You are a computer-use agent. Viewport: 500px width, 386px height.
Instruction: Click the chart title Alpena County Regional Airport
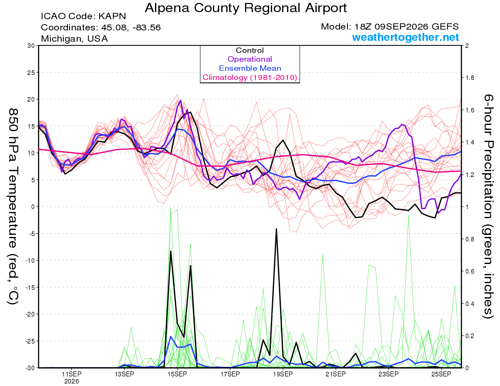coord(245,8)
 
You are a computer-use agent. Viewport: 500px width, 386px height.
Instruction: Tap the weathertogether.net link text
coord(405,37)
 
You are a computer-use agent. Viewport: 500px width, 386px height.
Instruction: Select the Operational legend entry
coord(250,59)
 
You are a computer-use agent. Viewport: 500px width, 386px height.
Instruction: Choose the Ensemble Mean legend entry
coord(250,68)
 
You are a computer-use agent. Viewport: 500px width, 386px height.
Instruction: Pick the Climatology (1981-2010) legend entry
coord(250,77)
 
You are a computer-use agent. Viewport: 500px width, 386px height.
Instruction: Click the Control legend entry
coord(250,50)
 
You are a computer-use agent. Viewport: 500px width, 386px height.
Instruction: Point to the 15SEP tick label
coord(177,374)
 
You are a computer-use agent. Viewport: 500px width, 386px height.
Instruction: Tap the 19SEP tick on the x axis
coord(283,374)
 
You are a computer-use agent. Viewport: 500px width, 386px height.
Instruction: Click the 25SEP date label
coord(441,374)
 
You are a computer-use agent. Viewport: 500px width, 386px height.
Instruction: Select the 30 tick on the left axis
coord(31,46)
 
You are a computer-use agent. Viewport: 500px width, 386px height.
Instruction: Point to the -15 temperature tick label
coord(30,287)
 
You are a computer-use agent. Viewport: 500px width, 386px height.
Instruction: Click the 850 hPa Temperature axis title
coord(13,207)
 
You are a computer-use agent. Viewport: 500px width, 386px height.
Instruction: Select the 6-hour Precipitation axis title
coord(488,206)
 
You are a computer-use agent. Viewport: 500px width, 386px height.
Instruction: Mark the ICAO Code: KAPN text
coord(83,16)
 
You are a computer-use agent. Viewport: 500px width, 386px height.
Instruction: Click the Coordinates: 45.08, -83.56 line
coord(101,27)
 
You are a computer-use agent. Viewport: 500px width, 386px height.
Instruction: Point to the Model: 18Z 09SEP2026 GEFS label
coord(390,27)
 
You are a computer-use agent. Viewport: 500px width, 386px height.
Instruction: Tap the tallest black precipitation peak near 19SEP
coord(276,229)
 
